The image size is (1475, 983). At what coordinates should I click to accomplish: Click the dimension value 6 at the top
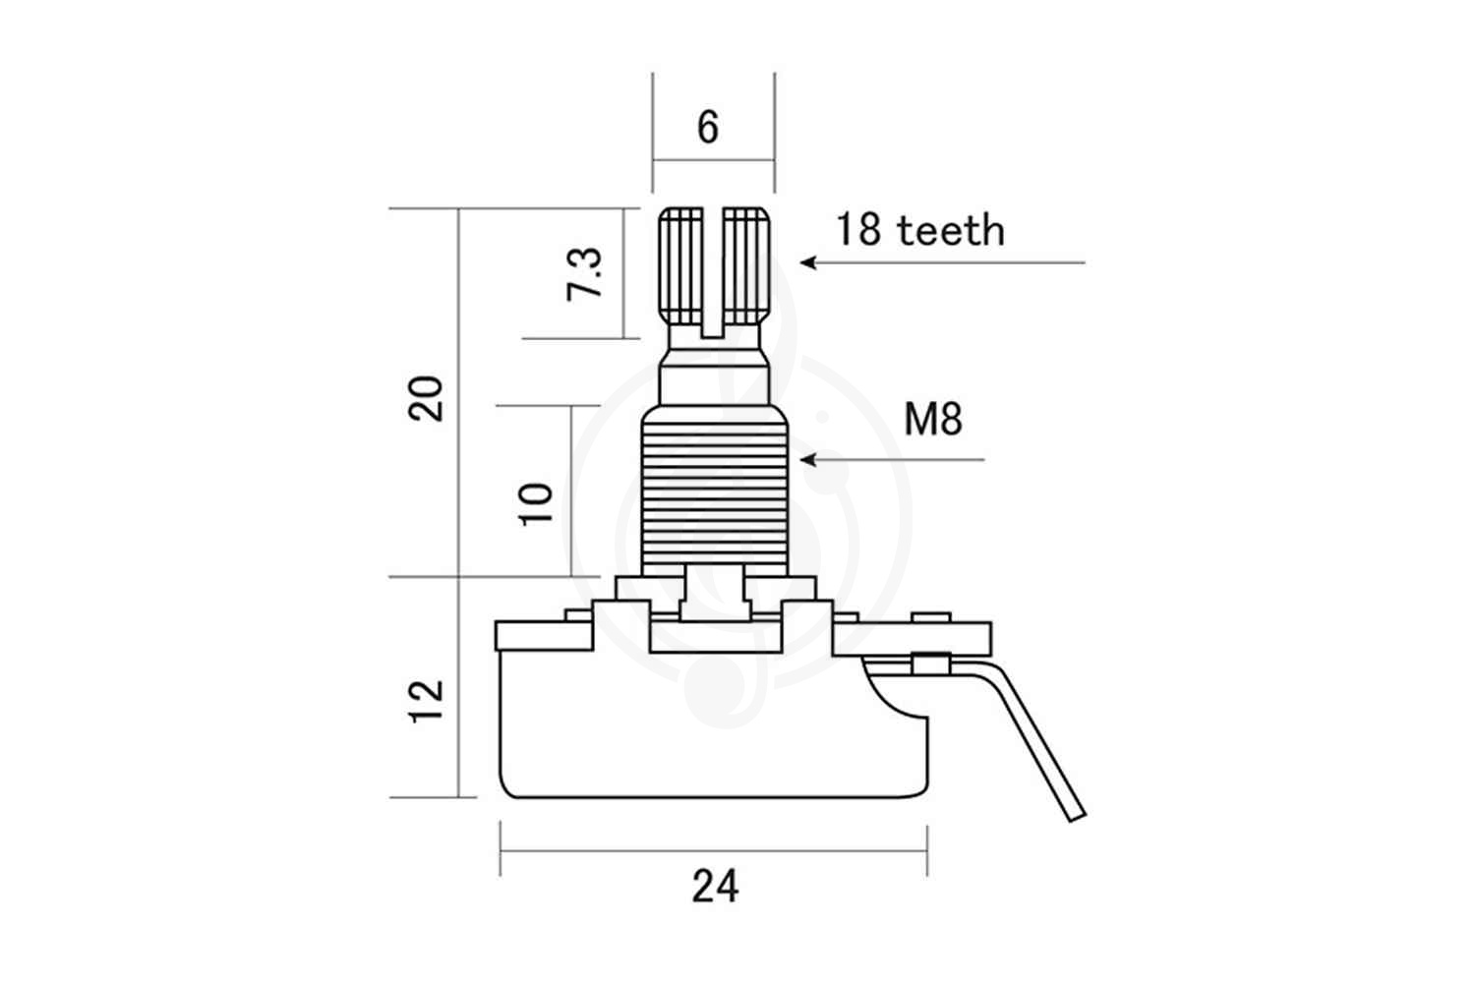coord(708,128)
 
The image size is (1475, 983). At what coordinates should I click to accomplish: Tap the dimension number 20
coord(428,398)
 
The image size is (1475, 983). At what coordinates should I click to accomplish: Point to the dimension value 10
coord(537,502)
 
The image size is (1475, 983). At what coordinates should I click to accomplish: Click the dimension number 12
coord(428,701)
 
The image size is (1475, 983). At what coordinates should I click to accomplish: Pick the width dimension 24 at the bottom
coord(715,887)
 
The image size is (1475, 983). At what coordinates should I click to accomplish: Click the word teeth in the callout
coord(951,231)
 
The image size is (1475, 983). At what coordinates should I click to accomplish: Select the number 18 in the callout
coord(858,231)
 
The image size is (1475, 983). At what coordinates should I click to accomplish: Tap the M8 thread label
coord(933,421)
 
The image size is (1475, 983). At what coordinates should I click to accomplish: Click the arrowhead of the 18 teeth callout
coord(807,262)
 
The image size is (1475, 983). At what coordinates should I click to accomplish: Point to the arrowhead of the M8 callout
coord(807,459)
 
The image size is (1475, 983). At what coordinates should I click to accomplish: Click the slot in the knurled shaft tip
coord(714,270)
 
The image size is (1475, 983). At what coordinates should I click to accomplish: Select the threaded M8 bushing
coord(715,491)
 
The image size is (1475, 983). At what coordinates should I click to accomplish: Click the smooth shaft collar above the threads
coord(715,378)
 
